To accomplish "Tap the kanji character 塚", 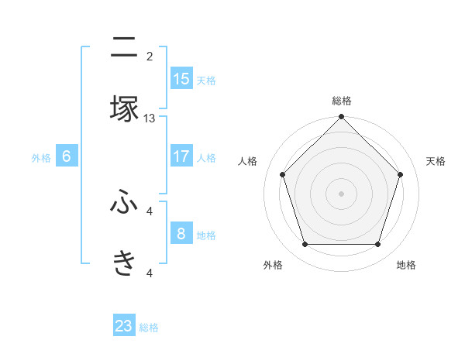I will (x=124, y=108).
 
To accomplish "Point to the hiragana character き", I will (x=124, y=263).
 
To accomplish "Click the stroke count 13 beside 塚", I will (x=150, y=118).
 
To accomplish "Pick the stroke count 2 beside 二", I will (x=150, y=56).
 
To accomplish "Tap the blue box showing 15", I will (x=181, y=78).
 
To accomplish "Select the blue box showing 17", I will (x=181, y=156).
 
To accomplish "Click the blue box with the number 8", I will (x=181, y=233).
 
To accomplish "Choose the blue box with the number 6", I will (x=67, y=156).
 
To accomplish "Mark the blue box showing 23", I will (x=124, y=326).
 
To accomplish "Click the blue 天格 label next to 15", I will (x=205, y=80).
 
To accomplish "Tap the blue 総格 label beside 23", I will (x=149, y=328).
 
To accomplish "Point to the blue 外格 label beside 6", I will (x=41, y=158).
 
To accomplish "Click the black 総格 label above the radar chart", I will (x=342, y=101).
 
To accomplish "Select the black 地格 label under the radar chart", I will (x=406, y=265).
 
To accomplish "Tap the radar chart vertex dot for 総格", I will (x=341, y=118).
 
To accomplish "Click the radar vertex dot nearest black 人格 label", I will (x=282, y=174).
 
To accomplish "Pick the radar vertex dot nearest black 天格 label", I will (x=401, y=174).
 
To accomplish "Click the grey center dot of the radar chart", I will (x=341, y=193).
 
